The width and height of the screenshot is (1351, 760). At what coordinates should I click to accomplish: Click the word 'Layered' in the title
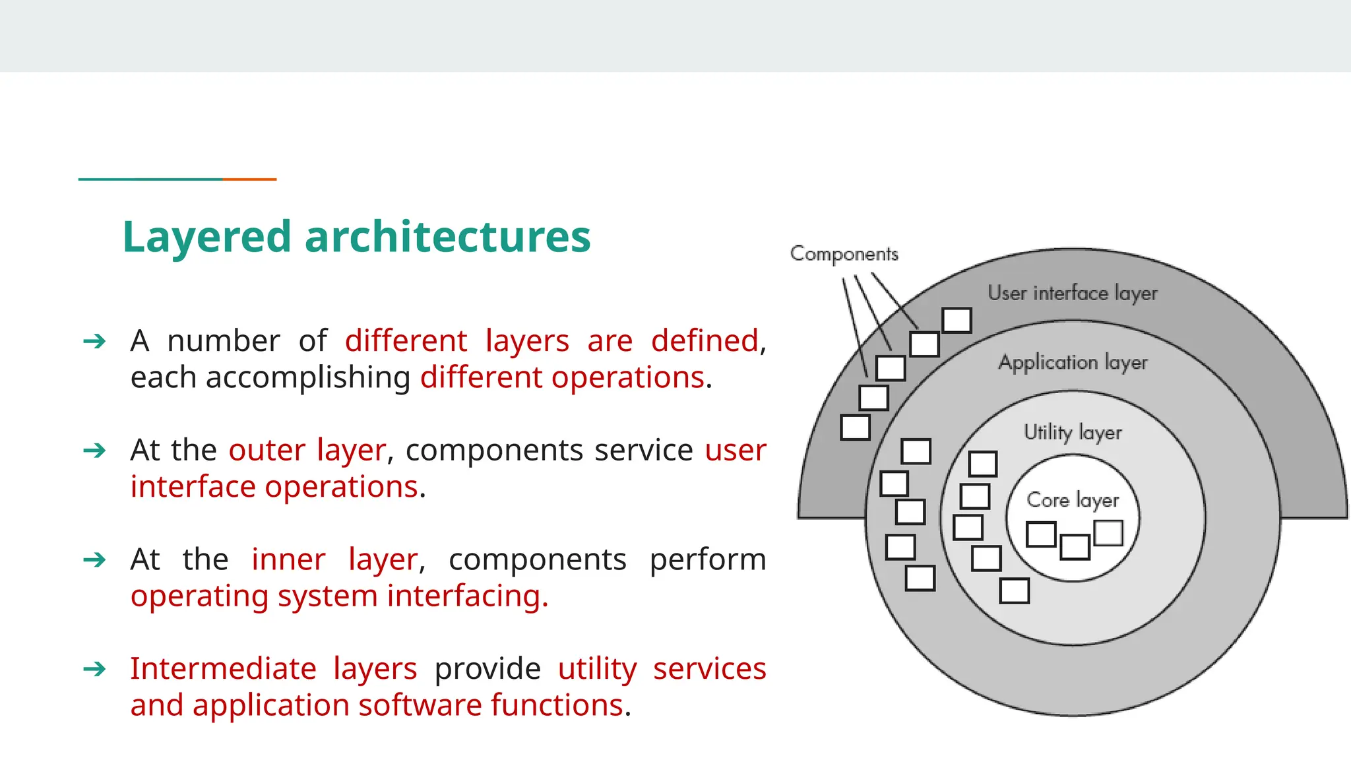pyautogui.click(x=206, y=237)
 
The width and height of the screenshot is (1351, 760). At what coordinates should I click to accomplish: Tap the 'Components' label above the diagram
pyautogui.click(x=844, y=254)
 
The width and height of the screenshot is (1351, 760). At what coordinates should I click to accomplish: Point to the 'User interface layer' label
pyautogui.click(x=1072, y=293)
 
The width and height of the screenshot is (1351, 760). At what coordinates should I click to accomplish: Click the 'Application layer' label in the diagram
pyautogui.click(x=1073, y=362)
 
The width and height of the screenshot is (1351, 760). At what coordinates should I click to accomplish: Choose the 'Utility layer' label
pyautogui.click(x=1072, y=432)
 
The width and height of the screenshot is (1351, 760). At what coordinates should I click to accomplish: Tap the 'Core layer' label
pyautogui.click(x=1073, y=500)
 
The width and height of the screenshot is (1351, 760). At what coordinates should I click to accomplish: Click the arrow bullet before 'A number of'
pyautogui.click(x=94, y=341)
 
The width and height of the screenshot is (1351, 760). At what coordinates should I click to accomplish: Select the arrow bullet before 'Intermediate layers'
pyautogui.click(x=94, y=669)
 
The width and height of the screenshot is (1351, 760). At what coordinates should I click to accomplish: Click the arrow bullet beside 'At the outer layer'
pyautogui.click(x=94, y=451)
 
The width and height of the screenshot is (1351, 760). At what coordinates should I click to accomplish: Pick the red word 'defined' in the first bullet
pyautogui.click(x=705, y=341)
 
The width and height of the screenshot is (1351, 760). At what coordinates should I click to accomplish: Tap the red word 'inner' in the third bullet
pyautogui.click(x=288, y=559)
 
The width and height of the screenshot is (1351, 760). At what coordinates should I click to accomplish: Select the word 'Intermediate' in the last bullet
pyautogui.click(x=223, y=669)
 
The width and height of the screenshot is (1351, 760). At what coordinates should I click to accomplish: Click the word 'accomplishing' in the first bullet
pyautogui.click(x=308, y=378)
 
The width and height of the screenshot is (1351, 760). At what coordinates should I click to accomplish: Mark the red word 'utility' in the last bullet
pyautogui.click(x=597, y=669)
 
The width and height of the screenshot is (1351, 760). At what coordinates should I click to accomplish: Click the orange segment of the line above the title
pyautogui.click(x=249, y=179)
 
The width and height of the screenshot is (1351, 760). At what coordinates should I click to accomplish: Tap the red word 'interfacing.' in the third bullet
pyautogui.click(x=468, y=596)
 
